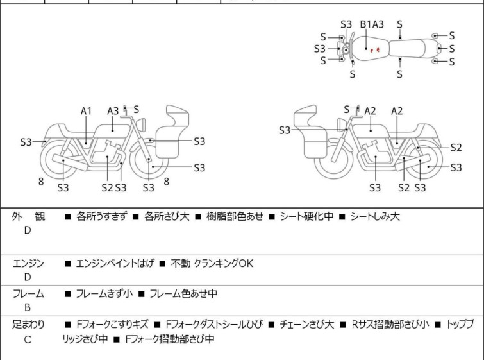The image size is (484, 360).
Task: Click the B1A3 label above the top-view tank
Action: (x=372, y=24)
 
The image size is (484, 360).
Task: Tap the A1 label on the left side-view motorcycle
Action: (x=86, y=111)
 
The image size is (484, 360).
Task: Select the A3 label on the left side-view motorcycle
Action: (x=113, y=111)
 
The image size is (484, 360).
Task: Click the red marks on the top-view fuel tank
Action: (x=375, y=50)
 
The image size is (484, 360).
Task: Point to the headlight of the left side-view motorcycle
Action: (x=141, y=124)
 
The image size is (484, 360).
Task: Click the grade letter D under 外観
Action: (x=28, y=230)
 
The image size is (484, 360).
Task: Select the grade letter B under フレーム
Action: (x=28, y=307)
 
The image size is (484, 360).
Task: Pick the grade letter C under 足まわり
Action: (x=28, y=339)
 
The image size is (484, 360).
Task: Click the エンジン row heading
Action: (x=28, y=263)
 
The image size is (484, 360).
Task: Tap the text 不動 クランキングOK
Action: (x=212, y=263)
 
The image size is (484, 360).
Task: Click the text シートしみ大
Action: (x=375, y=216)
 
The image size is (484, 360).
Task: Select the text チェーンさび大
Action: (x=306, y=325)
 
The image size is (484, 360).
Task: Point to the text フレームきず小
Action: (x=104, y=293)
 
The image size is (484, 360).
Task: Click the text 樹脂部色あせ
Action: (x=235, y=216)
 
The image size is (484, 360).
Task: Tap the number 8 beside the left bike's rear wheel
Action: (x=41, y=182)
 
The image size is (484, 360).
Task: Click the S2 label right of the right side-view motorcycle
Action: (x=456, y=148)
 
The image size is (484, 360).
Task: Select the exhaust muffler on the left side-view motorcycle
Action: (x=70, y=162)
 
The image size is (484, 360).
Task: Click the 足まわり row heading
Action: (x=28, y=325)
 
